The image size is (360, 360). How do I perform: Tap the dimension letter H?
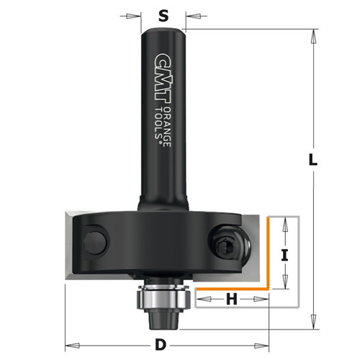point(232,298)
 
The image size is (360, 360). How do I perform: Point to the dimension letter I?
point(284,253)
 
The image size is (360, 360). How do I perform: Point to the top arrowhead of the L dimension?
point(315,33)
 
